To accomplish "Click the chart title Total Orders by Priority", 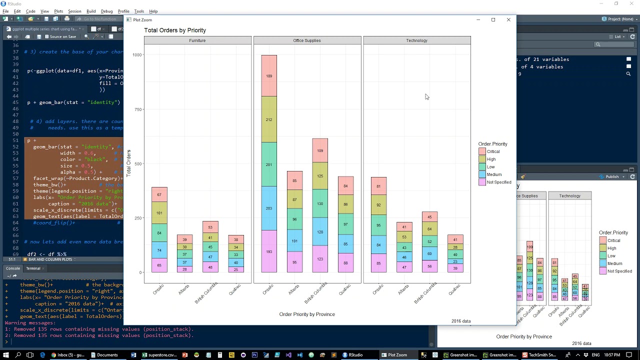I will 175,30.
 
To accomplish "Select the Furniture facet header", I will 197,40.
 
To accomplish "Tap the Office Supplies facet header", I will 307,40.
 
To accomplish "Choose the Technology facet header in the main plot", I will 416,40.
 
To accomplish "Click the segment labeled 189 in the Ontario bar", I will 269,76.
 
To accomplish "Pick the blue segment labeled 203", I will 269,208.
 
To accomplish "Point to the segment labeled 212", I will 269,119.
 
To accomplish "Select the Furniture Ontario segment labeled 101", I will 159,213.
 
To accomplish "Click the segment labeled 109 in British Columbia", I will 320,150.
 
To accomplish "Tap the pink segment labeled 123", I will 320,259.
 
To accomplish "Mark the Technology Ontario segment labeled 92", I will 379,205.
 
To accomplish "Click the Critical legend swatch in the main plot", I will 482,151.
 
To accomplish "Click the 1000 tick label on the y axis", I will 136,55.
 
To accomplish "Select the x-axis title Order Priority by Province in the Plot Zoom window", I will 307,314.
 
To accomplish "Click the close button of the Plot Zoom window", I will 508,20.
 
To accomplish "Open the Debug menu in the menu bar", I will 106,11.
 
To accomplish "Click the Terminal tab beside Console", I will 33,268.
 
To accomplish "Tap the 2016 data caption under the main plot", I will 460,321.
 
